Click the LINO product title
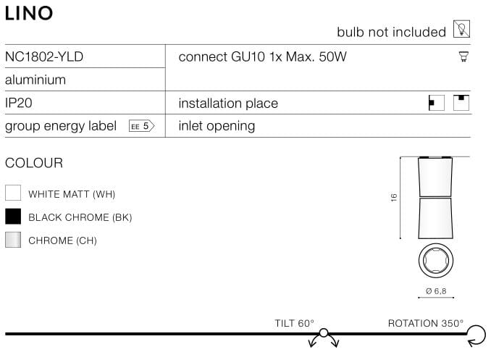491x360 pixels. (29, 14)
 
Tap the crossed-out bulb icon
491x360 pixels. (461, 29)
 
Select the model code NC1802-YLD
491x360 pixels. (44, 56)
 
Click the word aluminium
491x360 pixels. (35, 80)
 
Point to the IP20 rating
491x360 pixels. (19, 103)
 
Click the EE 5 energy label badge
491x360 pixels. (141, 126)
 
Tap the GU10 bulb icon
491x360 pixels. (463, 56)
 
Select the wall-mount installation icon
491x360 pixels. (437, 103)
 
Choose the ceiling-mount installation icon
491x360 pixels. (461, 103)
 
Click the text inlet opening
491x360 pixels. (217, 126)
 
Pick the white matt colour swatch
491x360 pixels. (13, 193)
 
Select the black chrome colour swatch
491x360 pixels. (13, 217)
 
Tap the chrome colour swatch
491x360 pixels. (13, 240)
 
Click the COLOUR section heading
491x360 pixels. (34, 163)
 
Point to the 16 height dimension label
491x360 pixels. (394, 198)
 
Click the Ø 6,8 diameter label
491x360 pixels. (436, 291)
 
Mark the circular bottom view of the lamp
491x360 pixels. (435, 260)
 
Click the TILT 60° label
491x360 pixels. (294, 323)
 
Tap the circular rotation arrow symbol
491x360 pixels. (477, 335)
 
